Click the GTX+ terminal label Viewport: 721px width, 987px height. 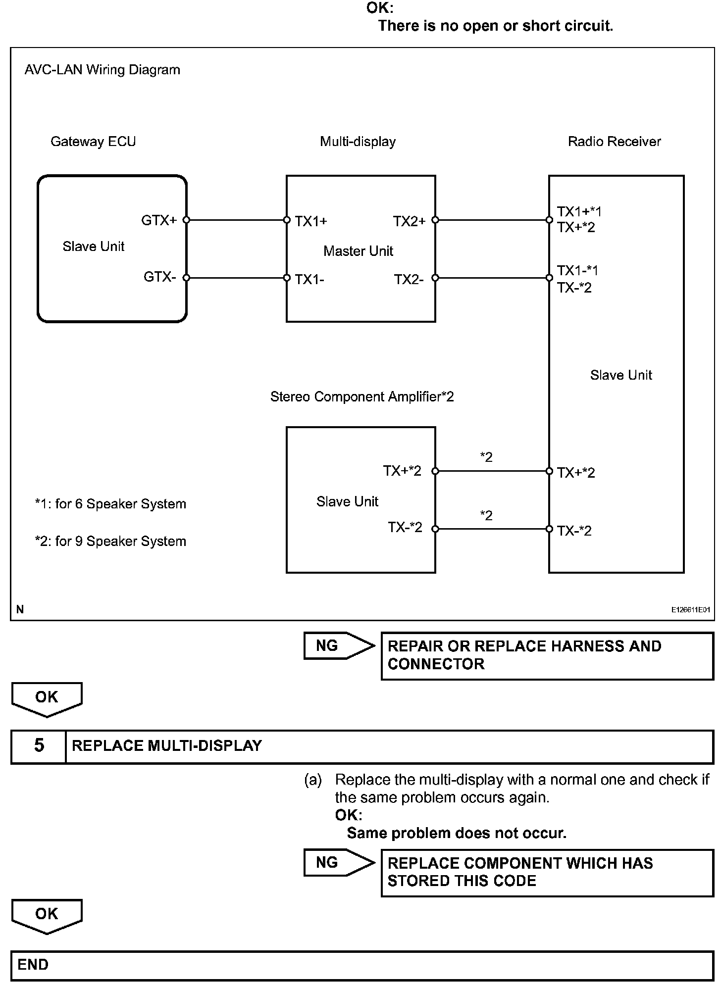[158, 220]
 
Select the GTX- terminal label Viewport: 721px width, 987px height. [159, 277]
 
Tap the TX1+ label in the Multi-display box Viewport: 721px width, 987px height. [311, 221]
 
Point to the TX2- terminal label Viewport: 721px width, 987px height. [409, 280]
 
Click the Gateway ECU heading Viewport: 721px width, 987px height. [93, 142]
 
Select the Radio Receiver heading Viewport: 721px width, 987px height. [614, 142]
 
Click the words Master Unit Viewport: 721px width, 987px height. [358, 251]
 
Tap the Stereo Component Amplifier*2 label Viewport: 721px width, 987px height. [362, 396]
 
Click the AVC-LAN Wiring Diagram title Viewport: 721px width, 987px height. [103, 70]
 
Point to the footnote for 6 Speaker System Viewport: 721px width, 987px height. [110, 504]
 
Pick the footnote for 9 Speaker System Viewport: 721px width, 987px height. [110, 541]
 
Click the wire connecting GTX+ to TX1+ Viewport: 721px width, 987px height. [236, 220]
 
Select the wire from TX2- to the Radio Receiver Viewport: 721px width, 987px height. [492, 278]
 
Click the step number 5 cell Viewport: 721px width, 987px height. [39, 745]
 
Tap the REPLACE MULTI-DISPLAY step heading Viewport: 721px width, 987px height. [167, 745]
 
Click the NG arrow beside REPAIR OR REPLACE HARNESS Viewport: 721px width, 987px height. [338, 645]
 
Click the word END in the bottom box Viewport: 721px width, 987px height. [33, 964]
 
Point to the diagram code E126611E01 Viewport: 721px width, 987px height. [690, 610]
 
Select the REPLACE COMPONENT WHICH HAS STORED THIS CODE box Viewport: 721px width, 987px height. [547, 872]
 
